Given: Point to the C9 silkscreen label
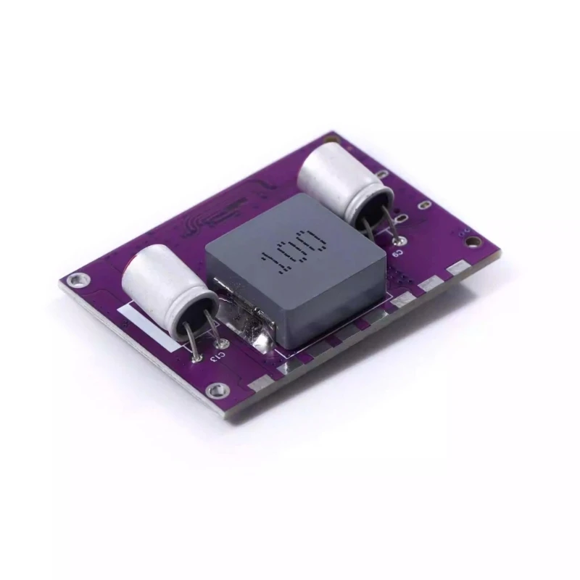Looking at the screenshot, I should pos(398,253).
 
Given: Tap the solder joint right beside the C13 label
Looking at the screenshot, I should pos(222,344).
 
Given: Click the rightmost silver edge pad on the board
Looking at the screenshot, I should pos(457,269).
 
